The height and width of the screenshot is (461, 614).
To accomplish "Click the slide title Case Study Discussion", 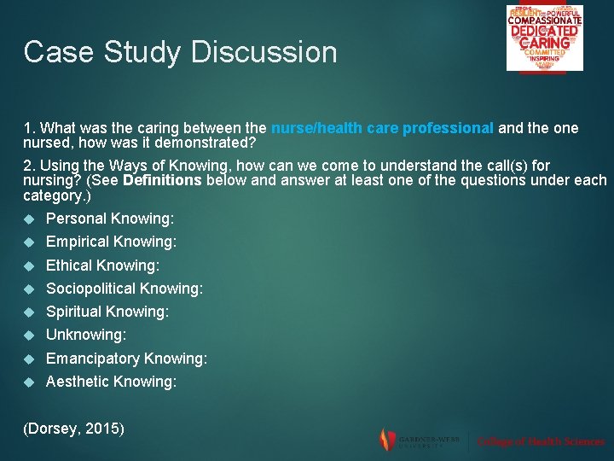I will tap(180, 52).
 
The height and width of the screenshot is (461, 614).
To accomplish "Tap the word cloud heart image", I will tap(544, 38).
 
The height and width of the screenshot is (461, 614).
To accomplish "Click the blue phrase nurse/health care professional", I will tap(382, 129).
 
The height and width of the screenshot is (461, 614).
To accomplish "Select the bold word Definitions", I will tap(162, 180).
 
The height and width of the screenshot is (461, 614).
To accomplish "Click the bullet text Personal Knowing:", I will tap(109, 219).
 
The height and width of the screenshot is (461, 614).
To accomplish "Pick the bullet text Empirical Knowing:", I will tap(111, 242).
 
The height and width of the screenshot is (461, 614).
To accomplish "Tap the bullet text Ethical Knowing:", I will tap(102, 266).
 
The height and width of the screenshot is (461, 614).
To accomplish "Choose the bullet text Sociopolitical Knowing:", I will tap(125, 289).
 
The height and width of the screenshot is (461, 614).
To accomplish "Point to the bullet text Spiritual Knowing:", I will tap(107, 312).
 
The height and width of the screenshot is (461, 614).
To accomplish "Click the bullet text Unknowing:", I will tap(86, 336).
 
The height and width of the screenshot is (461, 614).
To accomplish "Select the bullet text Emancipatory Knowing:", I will tap(126, 359).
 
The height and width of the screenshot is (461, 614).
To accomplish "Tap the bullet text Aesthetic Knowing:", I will tap(111, 382).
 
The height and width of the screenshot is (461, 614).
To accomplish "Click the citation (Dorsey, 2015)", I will tap(73, 427).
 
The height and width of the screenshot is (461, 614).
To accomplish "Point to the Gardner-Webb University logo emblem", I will tap(386, 440).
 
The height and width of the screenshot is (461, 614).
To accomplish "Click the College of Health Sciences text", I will tap(541, 441).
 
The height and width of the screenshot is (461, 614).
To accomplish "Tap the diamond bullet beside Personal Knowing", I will tap(30, 219).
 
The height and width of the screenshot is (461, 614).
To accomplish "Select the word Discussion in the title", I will tap(264, 52).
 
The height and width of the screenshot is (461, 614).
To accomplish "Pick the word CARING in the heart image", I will tap(544, 42).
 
